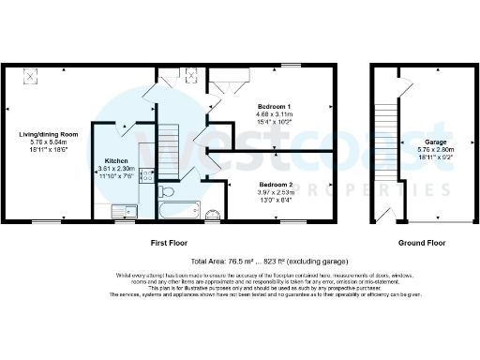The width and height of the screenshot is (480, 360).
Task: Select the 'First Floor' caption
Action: [172, 243]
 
